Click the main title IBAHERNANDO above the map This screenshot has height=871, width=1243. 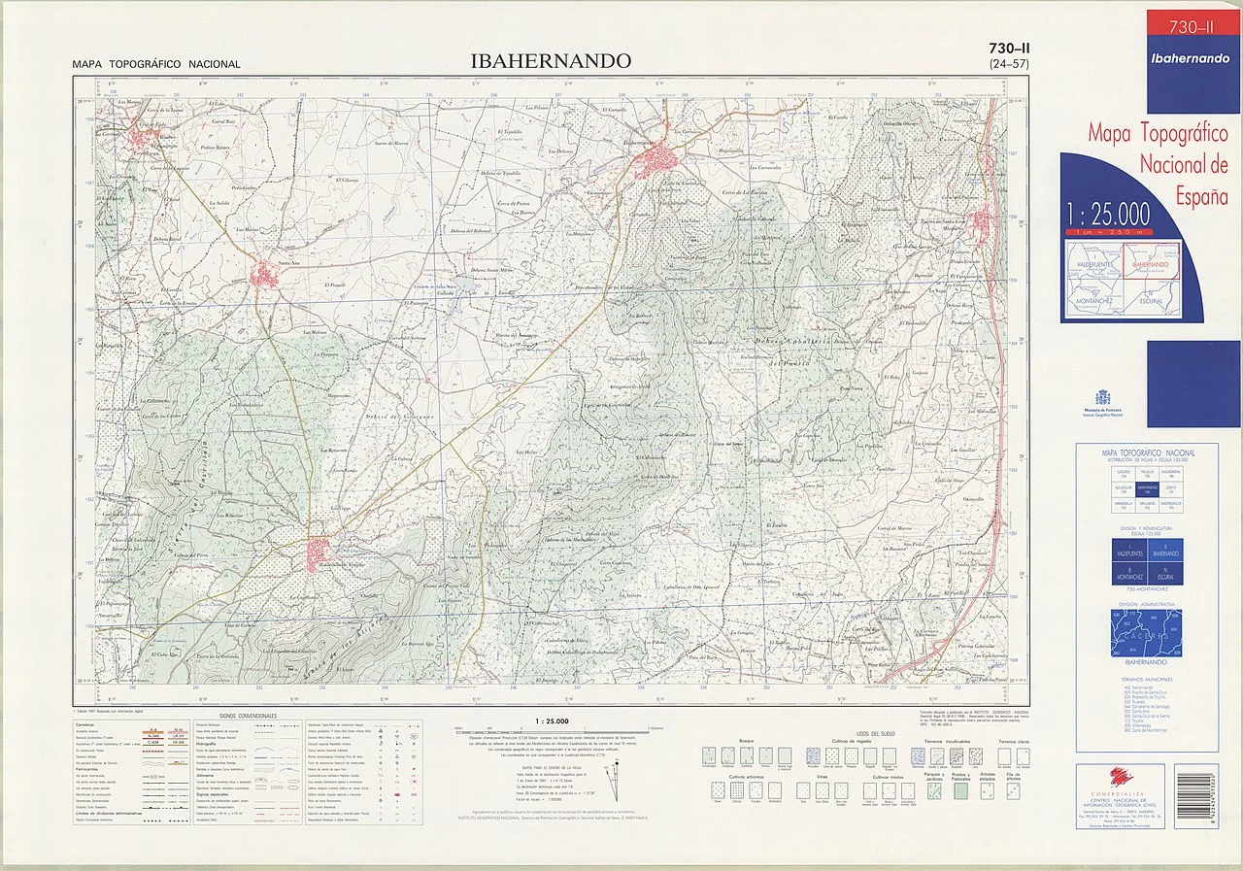(x=550, y=61)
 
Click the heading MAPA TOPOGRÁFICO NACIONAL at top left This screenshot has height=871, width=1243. (x=156, y=65)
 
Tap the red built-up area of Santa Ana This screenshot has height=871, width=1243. (x=268, y=272)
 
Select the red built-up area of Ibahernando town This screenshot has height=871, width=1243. (x=660, y=160)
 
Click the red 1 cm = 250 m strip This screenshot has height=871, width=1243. (x=1107, y=232)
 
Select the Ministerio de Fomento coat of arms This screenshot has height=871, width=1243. (x=1102, y=398)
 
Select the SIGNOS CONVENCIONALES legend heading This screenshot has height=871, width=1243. (x=248, y=717)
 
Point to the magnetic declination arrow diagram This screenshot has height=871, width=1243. (x=611, y=777)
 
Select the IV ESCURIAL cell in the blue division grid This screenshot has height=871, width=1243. (x=1164, y=572)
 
